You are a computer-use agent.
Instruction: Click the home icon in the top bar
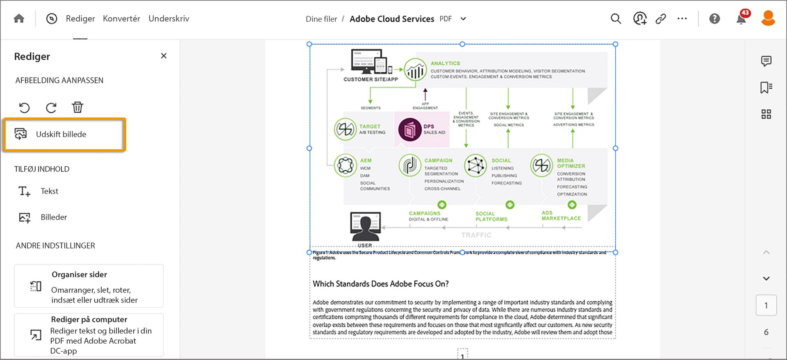point(19,19)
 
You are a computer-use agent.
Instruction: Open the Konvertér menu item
point(121,19)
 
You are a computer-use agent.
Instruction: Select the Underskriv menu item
point(168,19)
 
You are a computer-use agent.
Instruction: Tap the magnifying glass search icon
point(616,19)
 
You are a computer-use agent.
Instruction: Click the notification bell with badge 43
point(741,19)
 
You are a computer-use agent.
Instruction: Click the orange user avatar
point(768,18)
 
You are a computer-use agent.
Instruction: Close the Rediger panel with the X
point(164,56)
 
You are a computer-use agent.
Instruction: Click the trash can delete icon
point(77,107)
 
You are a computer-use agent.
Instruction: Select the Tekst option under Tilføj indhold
point(49,191)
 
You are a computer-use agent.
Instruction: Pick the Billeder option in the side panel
point(53,217)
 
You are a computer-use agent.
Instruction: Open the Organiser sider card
point(89,286)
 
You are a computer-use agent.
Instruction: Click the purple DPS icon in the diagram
point(409,130)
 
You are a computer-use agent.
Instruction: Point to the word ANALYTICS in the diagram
point(445,64)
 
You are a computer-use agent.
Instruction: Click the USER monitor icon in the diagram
point(365,227)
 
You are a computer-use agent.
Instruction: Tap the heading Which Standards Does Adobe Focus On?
point(380,284)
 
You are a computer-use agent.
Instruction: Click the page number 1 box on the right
point(766,305)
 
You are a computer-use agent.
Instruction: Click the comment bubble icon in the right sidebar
point(766,61)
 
